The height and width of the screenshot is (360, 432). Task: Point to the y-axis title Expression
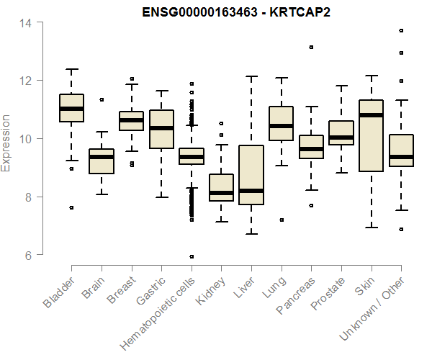pos(6,143)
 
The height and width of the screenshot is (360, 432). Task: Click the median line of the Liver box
pos(251,191)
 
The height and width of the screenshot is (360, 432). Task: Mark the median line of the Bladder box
pos(71,109)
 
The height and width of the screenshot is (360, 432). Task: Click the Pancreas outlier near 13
pos(311,47)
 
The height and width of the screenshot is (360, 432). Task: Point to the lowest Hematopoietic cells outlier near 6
pos(191,256)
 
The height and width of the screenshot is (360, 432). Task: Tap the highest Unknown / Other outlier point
pos(401,30)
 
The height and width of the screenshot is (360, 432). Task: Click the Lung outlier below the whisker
pos(281,220)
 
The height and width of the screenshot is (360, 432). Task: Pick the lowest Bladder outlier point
pos(71,207)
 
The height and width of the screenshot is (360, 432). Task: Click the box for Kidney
pos(221,187)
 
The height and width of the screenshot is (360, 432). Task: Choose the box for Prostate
pos(341,132)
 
